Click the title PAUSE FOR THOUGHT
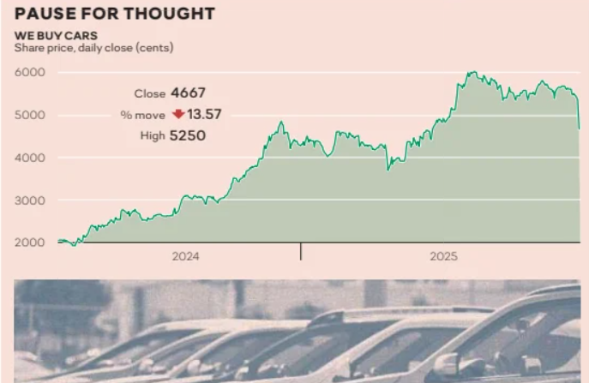click(114, 15)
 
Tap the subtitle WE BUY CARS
click(56, 36)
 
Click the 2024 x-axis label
click(185, 255)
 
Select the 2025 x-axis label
click(444, 255)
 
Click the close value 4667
click(189, 93)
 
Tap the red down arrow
click(177, 114)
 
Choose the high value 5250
click(189, 135)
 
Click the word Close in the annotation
click(149, 94)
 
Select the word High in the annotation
click(152, 135)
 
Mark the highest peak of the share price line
click(471, 72)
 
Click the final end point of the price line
click(580, 129)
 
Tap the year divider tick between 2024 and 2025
click(301, 251)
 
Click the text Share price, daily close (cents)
click(93, 47)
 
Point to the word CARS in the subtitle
click(82, 36)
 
